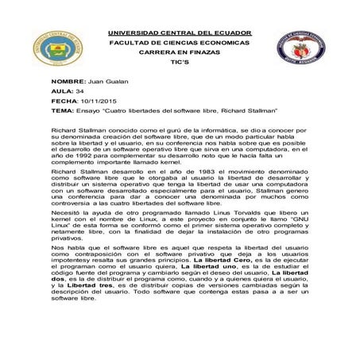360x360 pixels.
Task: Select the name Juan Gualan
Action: (x=107, y=83)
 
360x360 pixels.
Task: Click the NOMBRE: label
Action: (x=68, y=83)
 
